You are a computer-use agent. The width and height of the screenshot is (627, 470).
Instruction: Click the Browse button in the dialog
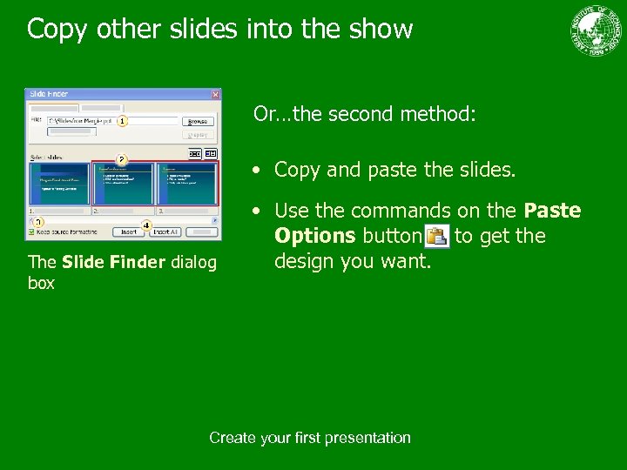click(x=199, y=121)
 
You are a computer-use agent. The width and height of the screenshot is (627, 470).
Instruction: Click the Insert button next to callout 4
click(x=128, y=232)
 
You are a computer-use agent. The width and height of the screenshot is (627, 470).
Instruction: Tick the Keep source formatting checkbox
click(x=32, y=232)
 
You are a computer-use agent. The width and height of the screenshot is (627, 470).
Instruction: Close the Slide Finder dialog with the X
click(x=215, y=94)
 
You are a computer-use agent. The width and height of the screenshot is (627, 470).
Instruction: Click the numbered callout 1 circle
click(x=123, y=120)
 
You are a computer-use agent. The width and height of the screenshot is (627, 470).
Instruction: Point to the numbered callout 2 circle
click(x=122, y=160)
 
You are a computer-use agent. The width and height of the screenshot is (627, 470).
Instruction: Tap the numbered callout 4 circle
click(x=146, y=225)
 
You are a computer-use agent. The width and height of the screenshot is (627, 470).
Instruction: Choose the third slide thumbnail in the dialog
click(x=186, y=184)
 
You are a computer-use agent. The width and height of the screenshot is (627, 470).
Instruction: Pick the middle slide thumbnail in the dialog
click(x=123, y=184)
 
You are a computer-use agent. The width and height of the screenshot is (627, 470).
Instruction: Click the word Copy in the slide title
click(x=55, y=30)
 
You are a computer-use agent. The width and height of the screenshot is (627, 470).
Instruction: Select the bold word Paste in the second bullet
click(x=552, y=211)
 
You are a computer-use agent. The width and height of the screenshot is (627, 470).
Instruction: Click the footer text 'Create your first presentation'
click(x=310, y=438)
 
